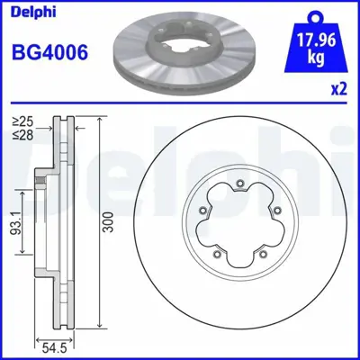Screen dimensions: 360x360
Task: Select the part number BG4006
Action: click(49, 53)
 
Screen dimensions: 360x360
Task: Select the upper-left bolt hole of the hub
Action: click(202, 212)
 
